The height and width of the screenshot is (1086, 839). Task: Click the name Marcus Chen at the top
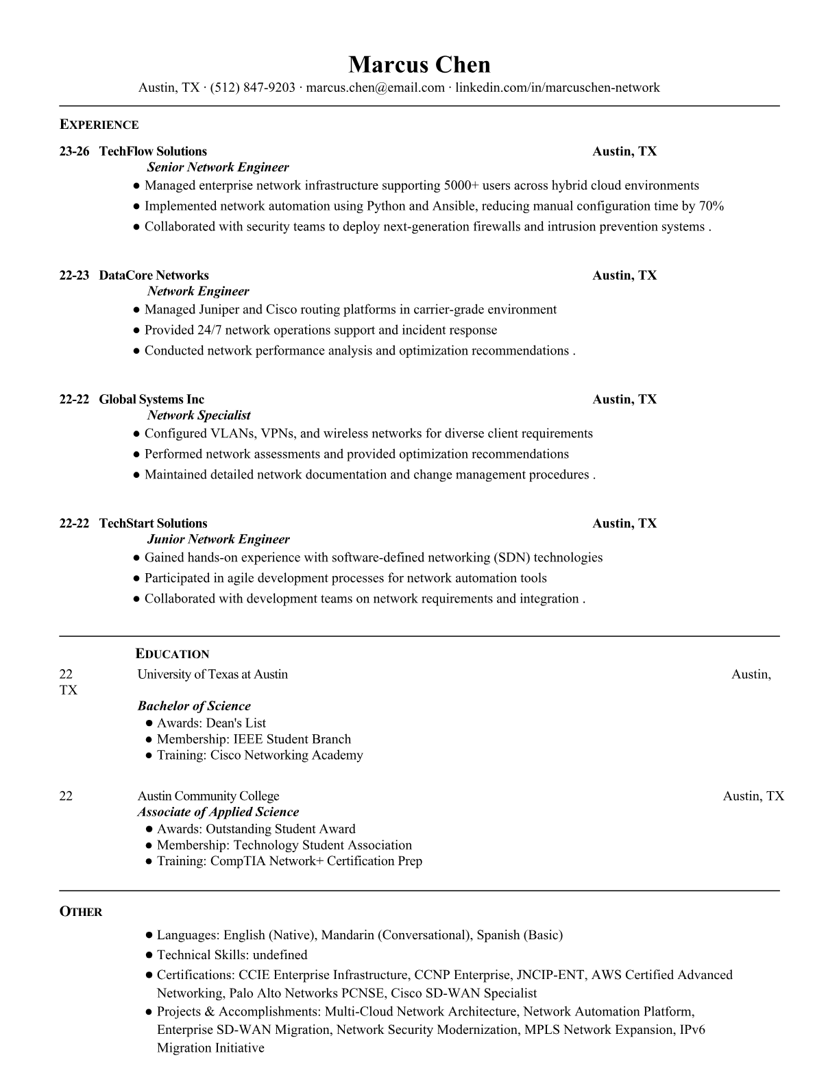pos(419,64)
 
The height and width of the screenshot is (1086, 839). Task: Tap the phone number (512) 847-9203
pos(252,87)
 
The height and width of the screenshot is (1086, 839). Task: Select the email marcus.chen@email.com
pos(375,87)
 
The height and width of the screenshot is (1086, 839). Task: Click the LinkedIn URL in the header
pos(557,87)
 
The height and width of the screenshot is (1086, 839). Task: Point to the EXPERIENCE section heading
pos(99,125)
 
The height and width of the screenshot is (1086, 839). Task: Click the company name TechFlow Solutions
pos(153,152)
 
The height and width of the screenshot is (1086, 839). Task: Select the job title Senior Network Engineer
pos(218,167)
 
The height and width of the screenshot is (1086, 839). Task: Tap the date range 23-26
pos(74,152)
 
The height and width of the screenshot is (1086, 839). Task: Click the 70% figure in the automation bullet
pos(711,206)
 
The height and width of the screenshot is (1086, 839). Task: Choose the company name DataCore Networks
pos(154,276)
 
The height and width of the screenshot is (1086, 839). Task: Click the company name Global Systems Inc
pos(151,400)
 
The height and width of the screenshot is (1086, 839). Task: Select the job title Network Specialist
pos(199,415)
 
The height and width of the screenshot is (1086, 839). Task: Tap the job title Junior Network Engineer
pos(218,540)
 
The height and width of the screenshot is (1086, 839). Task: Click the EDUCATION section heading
pos(172,654)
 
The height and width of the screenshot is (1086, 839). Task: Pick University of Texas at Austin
pos(212,675)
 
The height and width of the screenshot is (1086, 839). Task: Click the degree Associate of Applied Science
pos(218,812)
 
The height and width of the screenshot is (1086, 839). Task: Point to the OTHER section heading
pos(81,912)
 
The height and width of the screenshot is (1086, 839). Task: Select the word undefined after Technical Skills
pos(280,955)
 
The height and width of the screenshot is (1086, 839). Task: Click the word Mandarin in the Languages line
pos(347,935)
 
